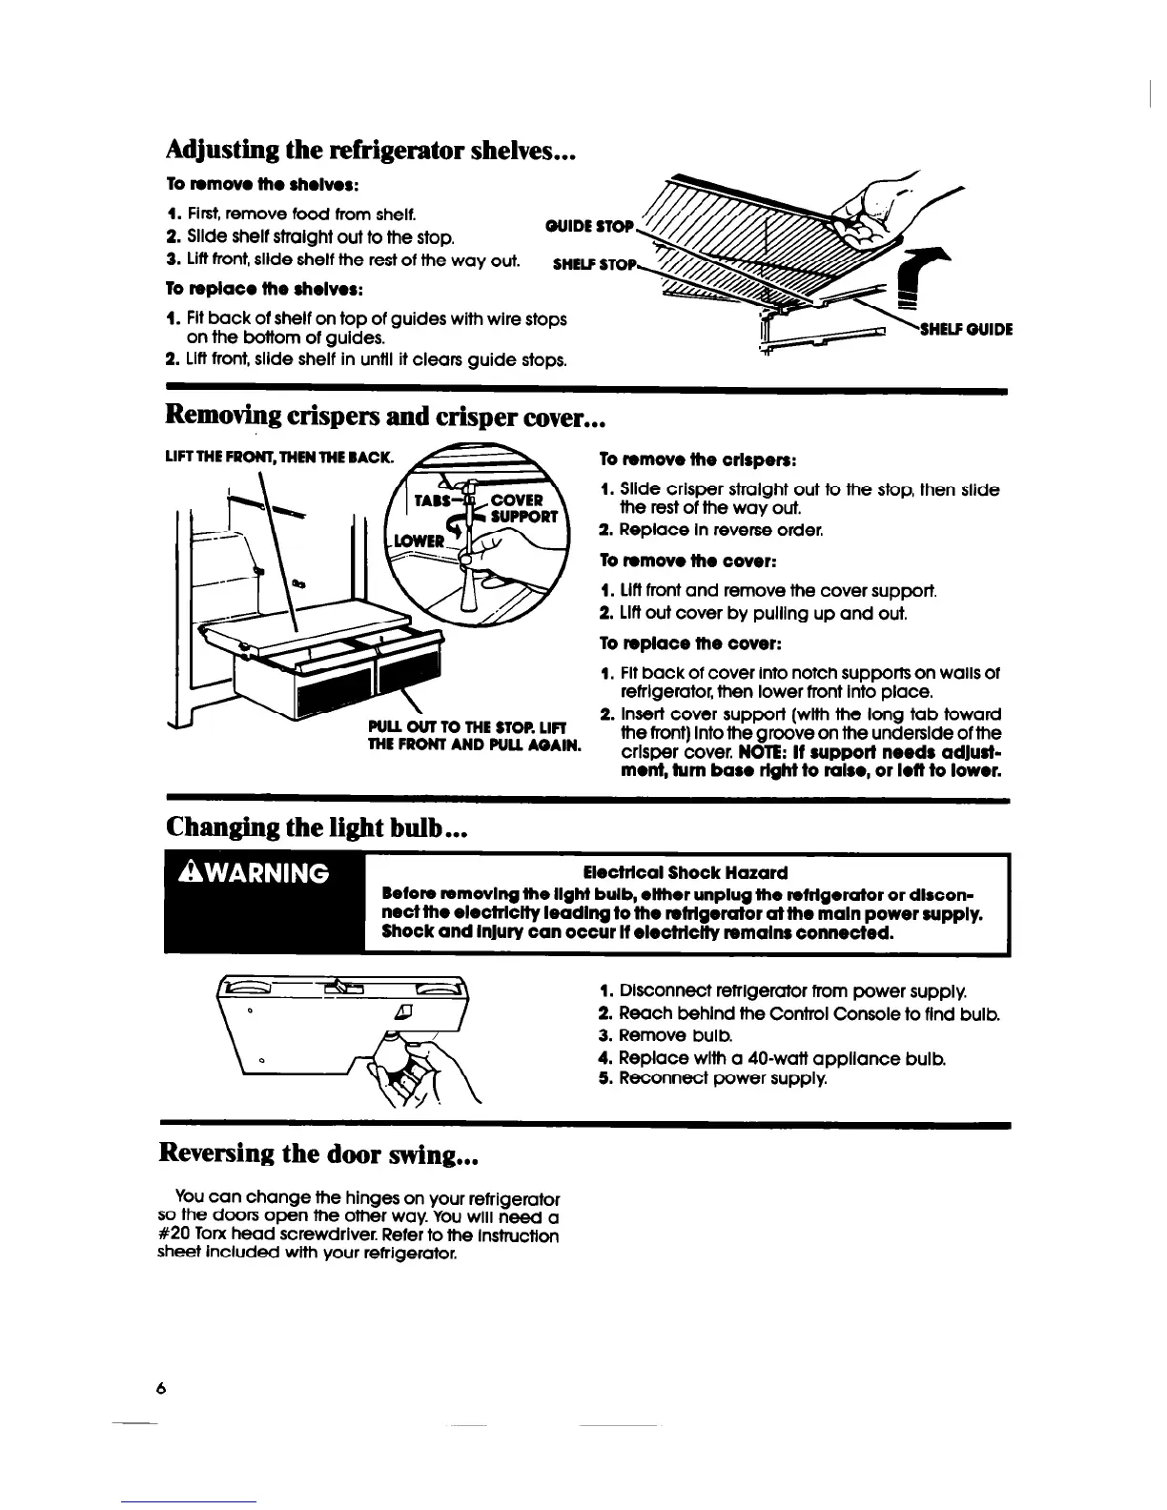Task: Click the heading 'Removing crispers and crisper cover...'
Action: (x=385, y=417)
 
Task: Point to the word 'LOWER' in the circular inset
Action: (x=420, y=541)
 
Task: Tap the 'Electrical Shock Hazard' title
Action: (x=685, y=872)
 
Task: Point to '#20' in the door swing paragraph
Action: (x=172, y=1235)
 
